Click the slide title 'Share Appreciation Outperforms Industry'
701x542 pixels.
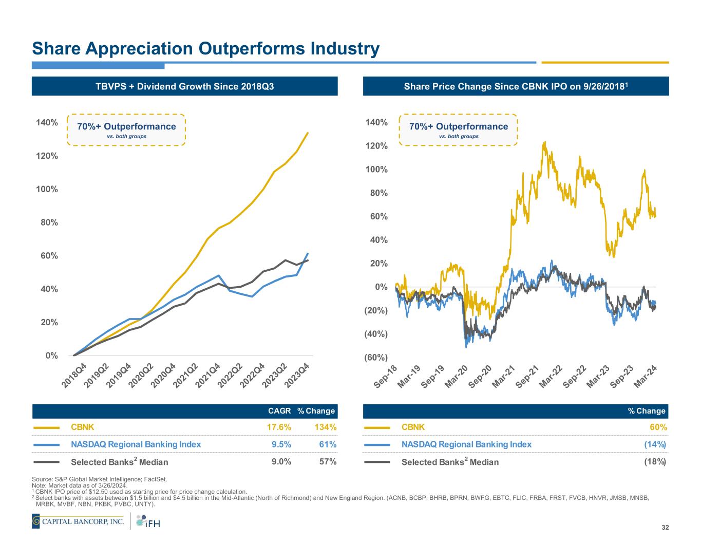[x=205, y=49]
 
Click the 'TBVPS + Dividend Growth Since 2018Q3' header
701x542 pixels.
[x=185, y=86]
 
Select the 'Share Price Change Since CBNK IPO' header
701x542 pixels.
[x=516, y=86]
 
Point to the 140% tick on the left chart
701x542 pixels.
[x=47, y=123]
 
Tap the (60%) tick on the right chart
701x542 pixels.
[x=376, y=358]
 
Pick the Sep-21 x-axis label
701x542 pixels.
[x=527, y=377]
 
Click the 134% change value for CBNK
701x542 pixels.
[x=326, y=427]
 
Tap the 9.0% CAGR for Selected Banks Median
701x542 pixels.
[x=281, y=461]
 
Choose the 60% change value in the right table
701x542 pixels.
[x=658, y=427]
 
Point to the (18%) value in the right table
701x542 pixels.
[x=655, y=461]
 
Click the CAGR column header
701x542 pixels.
[x=279, y=411]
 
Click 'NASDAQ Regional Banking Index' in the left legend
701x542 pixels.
[x=136, y=444]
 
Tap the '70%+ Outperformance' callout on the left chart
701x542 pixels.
[x=126, y=129]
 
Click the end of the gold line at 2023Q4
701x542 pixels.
[x=308, y=133]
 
